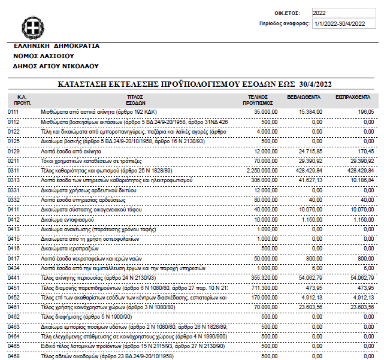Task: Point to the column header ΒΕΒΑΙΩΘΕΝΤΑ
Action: coord(306,96)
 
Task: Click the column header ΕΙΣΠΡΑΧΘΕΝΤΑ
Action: coord(353,96)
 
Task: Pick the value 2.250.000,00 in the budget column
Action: coord(261,171)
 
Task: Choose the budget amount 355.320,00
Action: coord(264,278)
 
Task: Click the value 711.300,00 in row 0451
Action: coord(264,288)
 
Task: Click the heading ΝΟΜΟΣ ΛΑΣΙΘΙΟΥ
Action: coord(47,56)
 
